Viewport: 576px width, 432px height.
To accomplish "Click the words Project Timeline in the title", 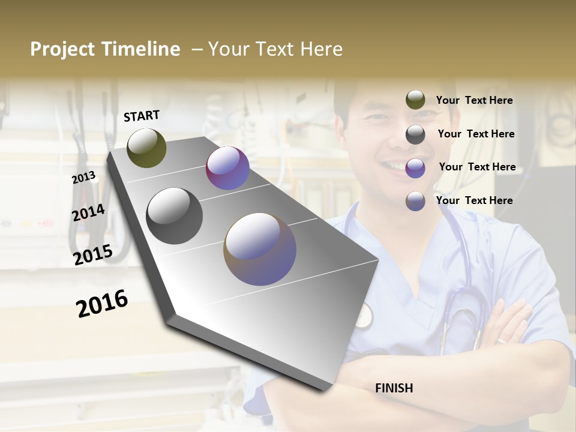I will coord(105,49).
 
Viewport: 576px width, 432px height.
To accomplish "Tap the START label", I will coord(142,116).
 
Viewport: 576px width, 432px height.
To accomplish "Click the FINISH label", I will coord(394,388).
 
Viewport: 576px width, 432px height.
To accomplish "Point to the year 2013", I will coord(83,178).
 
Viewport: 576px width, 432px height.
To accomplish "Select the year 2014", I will coord(88,212).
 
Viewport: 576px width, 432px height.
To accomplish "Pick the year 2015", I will coord(93,255).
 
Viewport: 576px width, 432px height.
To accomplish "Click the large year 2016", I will coord(102,303).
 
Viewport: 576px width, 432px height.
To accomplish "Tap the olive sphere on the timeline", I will coord(146,148).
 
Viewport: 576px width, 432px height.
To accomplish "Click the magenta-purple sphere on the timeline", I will coord(227,168).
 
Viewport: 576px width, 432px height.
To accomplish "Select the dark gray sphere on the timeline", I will coord(175,216).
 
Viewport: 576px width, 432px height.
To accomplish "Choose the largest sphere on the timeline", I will coord(260,249).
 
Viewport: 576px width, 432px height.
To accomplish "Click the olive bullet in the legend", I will coord(415,100).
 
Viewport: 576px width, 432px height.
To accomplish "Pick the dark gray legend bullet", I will coord(415,134).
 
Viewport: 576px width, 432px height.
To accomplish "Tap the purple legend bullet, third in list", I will coord(415,167).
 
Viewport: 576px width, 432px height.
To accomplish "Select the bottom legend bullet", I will coord(415,201).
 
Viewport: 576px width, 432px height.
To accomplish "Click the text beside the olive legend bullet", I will coord(474,100).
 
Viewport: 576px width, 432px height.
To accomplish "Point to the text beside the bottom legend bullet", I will coord(474,200).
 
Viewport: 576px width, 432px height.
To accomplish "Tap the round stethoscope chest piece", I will coord(363,315).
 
